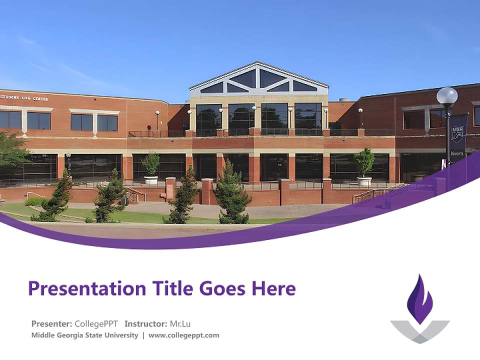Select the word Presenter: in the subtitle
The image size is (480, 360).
pos(51,323)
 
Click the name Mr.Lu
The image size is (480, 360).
pos(180,323)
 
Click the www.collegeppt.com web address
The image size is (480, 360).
pos(183,335)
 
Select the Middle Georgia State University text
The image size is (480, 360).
pos(84,335)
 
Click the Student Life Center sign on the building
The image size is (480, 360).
pos(24,98)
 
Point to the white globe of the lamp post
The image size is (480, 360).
pos(447,95)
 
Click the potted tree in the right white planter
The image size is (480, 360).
pos(364,162)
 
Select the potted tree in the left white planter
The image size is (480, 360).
pos(150,164)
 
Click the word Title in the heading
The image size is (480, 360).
pos(168,288)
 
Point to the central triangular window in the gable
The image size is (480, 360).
pos(258,79)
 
